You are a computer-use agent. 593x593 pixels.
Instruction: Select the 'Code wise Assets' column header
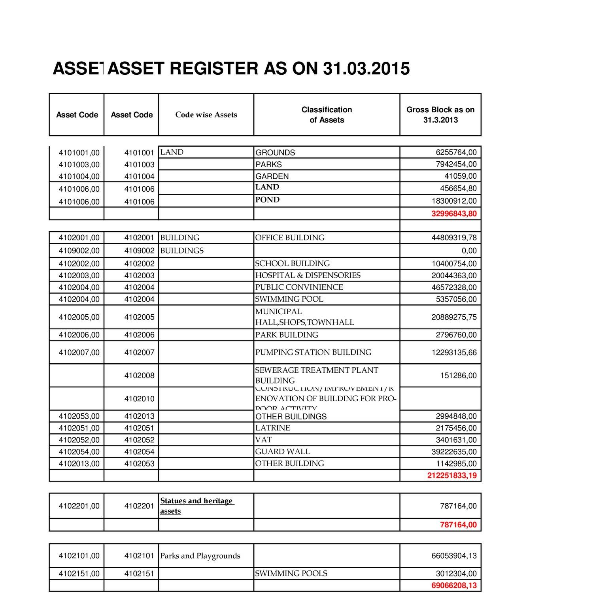pos(206,115)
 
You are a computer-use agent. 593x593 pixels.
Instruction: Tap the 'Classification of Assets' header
pos(327,115)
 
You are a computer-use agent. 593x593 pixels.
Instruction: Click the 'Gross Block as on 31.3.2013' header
pos(440,115)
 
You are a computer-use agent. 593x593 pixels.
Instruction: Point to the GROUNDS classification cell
pos(275,153)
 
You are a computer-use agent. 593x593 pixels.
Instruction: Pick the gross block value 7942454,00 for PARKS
pos(456,164)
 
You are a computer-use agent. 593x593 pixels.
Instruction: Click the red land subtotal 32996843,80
pos(454,214)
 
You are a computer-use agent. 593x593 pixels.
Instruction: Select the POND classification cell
pos(267,200)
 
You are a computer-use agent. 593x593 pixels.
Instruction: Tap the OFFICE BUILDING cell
pos(290,238)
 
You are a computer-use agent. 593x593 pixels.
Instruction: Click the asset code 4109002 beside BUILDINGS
pos(139,251)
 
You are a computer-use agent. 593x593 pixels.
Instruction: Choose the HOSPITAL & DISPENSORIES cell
pos(308,276)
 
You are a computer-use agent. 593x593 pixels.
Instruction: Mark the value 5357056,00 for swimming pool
pos(456,299)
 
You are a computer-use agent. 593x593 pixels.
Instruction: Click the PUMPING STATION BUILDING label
pos(313,352)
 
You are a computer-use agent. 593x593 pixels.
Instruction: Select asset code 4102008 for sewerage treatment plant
pos(139,376)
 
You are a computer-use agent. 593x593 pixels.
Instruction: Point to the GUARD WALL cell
pos(282,451)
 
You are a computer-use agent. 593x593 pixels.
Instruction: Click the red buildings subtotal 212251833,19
pos(452,476)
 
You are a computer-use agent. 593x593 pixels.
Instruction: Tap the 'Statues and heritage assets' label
pos(197,506)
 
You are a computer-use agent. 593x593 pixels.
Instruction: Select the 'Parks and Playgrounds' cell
pos(200,556)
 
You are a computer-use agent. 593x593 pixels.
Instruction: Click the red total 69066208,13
pos(454,585)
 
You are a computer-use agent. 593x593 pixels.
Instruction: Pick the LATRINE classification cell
pos(272,428)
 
